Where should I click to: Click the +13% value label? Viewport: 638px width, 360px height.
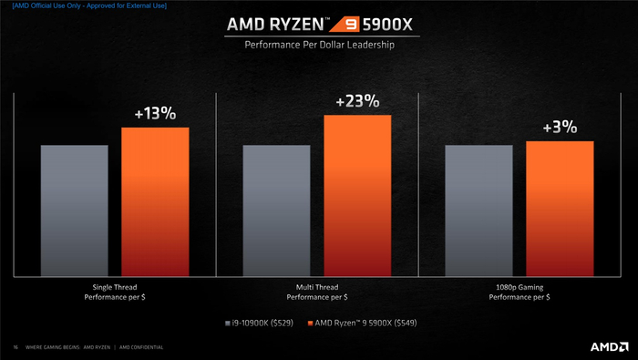(156, 114)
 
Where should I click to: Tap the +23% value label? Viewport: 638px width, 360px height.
(357, 101)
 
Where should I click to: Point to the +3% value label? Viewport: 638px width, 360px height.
(560, 128)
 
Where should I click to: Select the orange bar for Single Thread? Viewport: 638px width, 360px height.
(155, 201)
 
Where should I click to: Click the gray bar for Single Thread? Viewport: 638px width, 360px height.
(75, 211)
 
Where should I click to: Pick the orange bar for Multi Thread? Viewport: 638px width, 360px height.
(357, 196)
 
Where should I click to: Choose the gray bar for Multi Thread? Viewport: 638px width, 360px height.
(276, 211)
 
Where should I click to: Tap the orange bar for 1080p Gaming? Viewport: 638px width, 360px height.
(560, 209)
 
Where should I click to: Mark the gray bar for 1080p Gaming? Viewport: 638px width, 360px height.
(478, 211)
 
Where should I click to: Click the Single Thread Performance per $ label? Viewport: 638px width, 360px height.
(115, 292)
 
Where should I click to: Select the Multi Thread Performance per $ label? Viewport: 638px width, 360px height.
(317, 292)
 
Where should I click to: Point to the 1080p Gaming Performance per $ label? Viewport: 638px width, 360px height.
(520, 292)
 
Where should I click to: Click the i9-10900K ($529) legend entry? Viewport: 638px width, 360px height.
(259, 323)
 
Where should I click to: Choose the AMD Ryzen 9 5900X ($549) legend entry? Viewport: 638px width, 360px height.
(362, 323)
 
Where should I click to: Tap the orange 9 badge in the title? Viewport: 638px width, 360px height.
(345, 25)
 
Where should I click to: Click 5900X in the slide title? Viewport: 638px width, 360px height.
(387, 25)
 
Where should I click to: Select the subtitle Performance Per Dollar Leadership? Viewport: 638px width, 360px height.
(319, 45)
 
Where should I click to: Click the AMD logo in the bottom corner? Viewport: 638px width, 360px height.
(609, 346)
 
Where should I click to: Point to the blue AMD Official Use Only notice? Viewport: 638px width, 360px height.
(89, 5)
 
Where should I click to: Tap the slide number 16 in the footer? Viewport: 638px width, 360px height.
(15, 347)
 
